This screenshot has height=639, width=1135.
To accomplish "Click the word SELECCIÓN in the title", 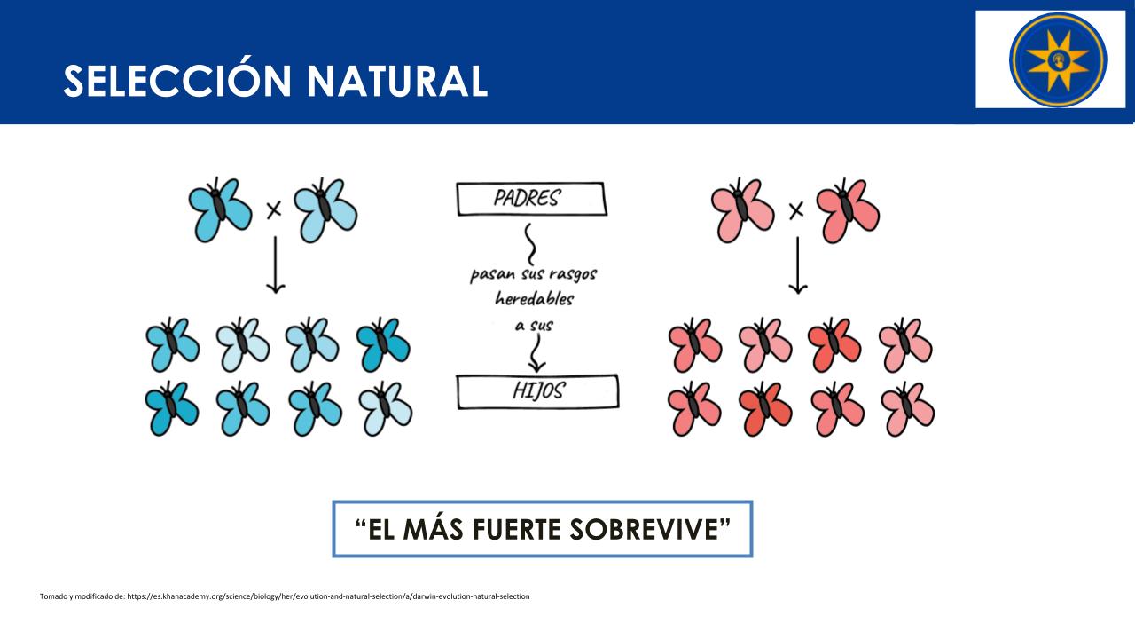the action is (x=177, y=80).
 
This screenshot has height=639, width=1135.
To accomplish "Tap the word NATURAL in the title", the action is (x=397, y=81).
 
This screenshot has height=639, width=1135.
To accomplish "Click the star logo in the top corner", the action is (x=1058, y=59).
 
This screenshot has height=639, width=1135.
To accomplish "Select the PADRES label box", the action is (x=531, y=198).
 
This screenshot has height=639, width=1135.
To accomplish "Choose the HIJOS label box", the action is (x=537, y=391).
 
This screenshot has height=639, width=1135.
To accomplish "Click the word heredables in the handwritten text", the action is (x=534, y=299).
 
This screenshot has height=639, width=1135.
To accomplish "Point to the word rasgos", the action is (x=573, y=275).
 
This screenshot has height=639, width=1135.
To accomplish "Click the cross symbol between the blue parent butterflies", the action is (x=274, y=209).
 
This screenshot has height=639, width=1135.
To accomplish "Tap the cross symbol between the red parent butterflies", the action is (x=796, y=210).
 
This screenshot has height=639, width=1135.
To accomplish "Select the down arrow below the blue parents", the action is (x=275, y=264).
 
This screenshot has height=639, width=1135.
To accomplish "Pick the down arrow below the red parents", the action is (x=798, y=265).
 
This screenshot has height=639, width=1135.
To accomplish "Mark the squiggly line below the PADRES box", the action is (x=530, y=244).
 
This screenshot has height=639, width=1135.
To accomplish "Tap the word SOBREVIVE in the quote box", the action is (x=644, y=530).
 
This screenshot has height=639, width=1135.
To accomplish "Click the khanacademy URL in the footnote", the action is (x=328, y=596).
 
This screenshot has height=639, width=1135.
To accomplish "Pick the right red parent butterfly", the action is (x=848, y=210).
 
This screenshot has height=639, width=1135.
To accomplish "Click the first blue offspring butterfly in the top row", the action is (x=172, y=344).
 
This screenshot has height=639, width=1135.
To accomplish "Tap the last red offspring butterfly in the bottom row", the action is (x=907, y=409).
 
